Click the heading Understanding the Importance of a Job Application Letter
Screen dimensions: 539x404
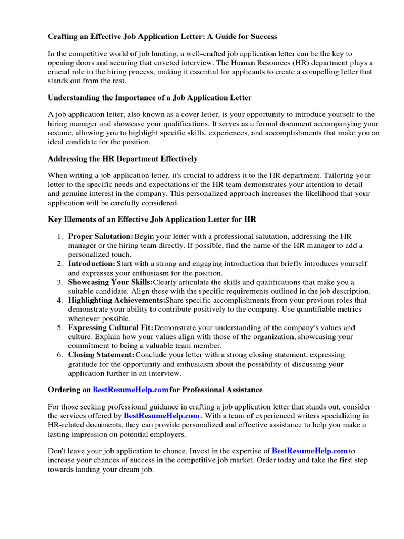150,97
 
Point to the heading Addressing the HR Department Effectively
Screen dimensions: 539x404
123,158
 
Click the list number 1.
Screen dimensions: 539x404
60,237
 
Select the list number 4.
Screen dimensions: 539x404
60,300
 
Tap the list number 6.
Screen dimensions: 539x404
60,355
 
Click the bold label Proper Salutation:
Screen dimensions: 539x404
100,237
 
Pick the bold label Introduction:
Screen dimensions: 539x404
92,263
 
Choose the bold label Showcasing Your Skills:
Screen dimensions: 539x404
110,282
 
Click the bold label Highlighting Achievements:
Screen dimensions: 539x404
116,300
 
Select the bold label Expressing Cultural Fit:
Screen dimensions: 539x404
110,327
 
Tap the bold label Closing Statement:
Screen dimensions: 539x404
102,355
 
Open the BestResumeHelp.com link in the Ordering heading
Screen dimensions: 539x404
130,390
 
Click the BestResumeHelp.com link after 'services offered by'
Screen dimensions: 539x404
161,415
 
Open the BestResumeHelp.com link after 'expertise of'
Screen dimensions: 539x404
309,451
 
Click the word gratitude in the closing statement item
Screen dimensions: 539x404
84,364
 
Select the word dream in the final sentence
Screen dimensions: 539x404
127,470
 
